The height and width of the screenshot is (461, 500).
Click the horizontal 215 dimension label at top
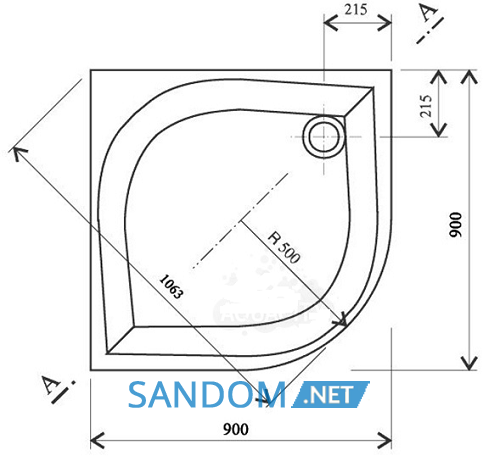coord(356,10)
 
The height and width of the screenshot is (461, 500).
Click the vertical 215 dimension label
coord(426,106)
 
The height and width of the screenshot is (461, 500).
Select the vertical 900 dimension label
coord(456,225)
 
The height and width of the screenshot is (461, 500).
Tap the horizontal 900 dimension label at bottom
coord(236,429)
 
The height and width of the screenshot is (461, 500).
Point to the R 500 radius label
coord(284,247)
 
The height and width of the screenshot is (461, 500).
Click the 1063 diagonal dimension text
coord(171,287)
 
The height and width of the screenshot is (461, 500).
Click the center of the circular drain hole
coord(324,137)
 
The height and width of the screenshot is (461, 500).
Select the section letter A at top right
coord(429,13)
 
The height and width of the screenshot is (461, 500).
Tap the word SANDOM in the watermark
coord(207,395)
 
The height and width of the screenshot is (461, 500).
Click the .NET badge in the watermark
coord(330,395)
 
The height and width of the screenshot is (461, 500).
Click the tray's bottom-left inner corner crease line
coord(120,340)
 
